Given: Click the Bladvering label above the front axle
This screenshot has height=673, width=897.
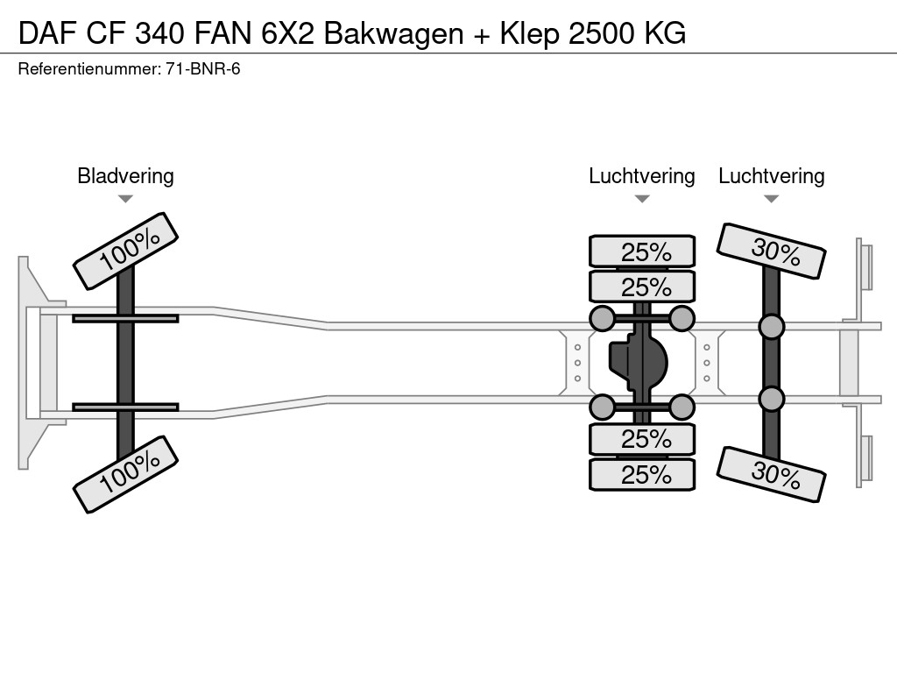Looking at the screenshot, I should (125, 176).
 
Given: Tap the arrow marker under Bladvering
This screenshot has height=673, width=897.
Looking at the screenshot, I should (125, 199).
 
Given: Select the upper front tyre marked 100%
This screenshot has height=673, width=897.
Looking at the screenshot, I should (125, 251).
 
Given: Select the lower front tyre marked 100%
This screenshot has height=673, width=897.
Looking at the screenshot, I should (125, 473).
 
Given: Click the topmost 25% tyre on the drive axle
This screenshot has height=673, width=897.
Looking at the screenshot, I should (642, 252).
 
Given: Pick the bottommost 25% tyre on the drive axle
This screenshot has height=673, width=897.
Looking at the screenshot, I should (642, 475).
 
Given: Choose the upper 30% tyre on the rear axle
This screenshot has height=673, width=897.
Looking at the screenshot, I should (771, 251).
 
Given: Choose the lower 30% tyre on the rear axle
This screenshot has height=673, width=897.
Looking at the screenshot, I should (771, 475).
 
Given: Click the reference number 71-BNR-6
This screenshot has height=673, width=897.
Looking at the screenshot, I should (203, 68).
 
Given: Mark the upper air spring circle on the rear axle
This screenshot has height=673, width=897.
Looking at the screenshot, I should (771, 327).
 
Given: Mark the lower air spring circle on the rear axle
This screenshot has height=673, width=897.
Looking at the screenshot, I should (771, 399).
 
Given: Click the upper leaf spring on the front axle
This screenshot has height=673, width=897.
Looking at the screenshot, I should (125, 318).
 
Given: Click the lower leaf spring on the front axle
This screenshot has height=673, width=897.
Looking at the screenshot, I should (125, 407).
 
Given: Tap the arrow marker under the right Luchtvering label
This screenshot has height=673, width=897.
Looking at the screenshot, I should (771, 199).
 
